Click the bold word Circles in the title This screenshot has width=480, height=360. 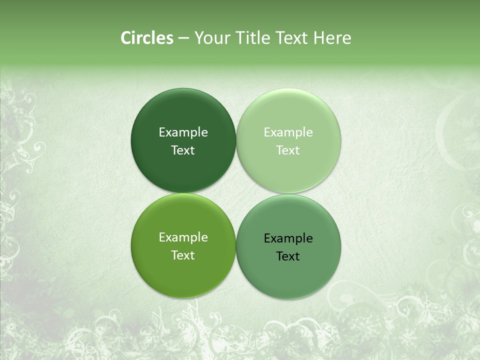point(147,38)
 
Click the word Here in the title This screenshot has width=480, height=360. point(332,38)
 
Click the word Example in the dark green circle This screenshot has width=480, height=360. point(183,132)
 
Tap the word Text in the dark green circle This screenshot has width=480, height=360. point(183,150)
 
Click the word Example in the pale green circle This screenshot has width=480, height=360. point(288,132)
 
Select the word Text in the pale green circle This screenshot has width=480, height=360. point(288,150)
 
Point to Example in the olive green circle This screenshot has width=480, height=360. point(183,237)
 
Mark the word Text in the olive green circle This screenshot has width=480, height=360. point(183,255)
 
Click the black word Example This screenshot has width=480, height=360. point(288,238)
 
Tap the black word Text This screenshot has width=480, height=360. point(288,256)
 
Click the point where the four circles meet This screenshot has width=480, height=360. point(236,193)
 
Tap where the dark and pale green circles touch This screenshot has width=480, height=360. point(236,140)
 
